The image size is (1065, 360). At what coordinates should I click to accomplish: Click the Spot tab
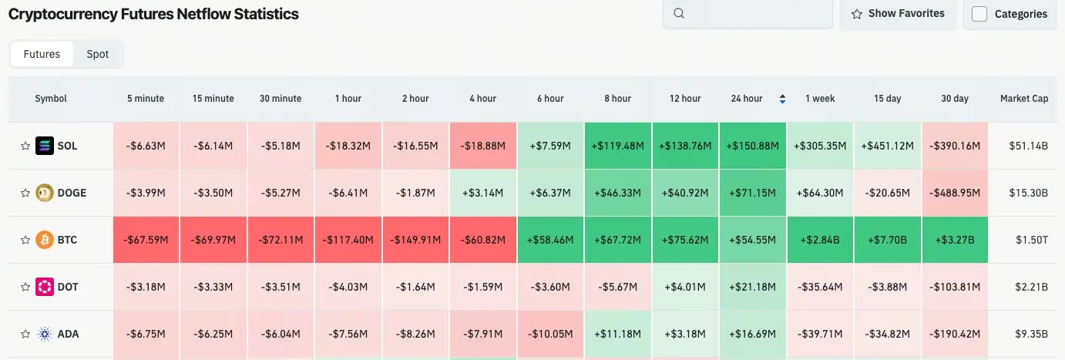tap(97, 54)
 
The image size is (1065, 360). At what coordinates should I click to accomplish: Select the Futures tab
tap(42, 54)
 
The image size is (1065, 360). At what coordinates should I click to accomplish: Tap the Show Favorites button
tap(898, 14)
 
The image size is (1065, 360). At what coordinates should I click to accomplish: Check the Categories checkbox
tap(979, 14)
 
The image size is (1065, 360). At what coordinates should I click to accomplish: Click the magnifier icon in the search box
tap(679, 14)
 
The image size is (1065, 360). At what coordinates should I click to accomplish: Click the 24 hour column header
tap(747, 99)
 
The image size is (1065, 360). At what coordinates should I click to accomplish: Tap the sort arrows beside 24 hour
tap(783, 99)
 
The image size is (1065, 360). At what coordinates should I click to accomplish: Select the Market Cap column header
tap(1023, 99)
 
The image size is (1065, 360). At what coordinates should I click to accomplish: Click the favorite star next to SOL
tap(25, 146)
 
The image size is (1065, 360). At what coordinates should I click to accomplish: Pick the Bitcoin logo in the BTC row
tap(45, 240)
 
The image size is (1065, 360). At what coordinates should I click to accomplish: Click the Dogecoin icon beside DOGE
tap(45, 193)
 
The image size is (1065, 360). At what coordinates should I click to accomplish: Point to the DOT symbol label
tap(68, 287)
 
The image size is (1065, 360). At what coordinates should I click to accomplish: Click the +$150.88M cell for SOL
tap(752, 146)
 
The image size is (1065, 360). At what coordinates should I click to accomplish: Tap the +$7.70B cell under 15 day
tap(887, 240)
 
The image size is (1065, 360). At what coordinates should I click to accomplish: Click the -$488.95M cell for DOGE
tap(954, 193)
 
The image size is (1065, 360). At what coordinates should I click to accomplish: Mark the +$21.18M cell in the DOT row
tap(752, 287)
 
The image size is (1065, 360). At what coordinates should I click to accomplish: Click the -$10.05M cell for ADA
tap(549, 334)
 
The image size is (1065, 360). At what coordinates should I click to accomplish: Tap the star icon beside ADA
tap(25, 334)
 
